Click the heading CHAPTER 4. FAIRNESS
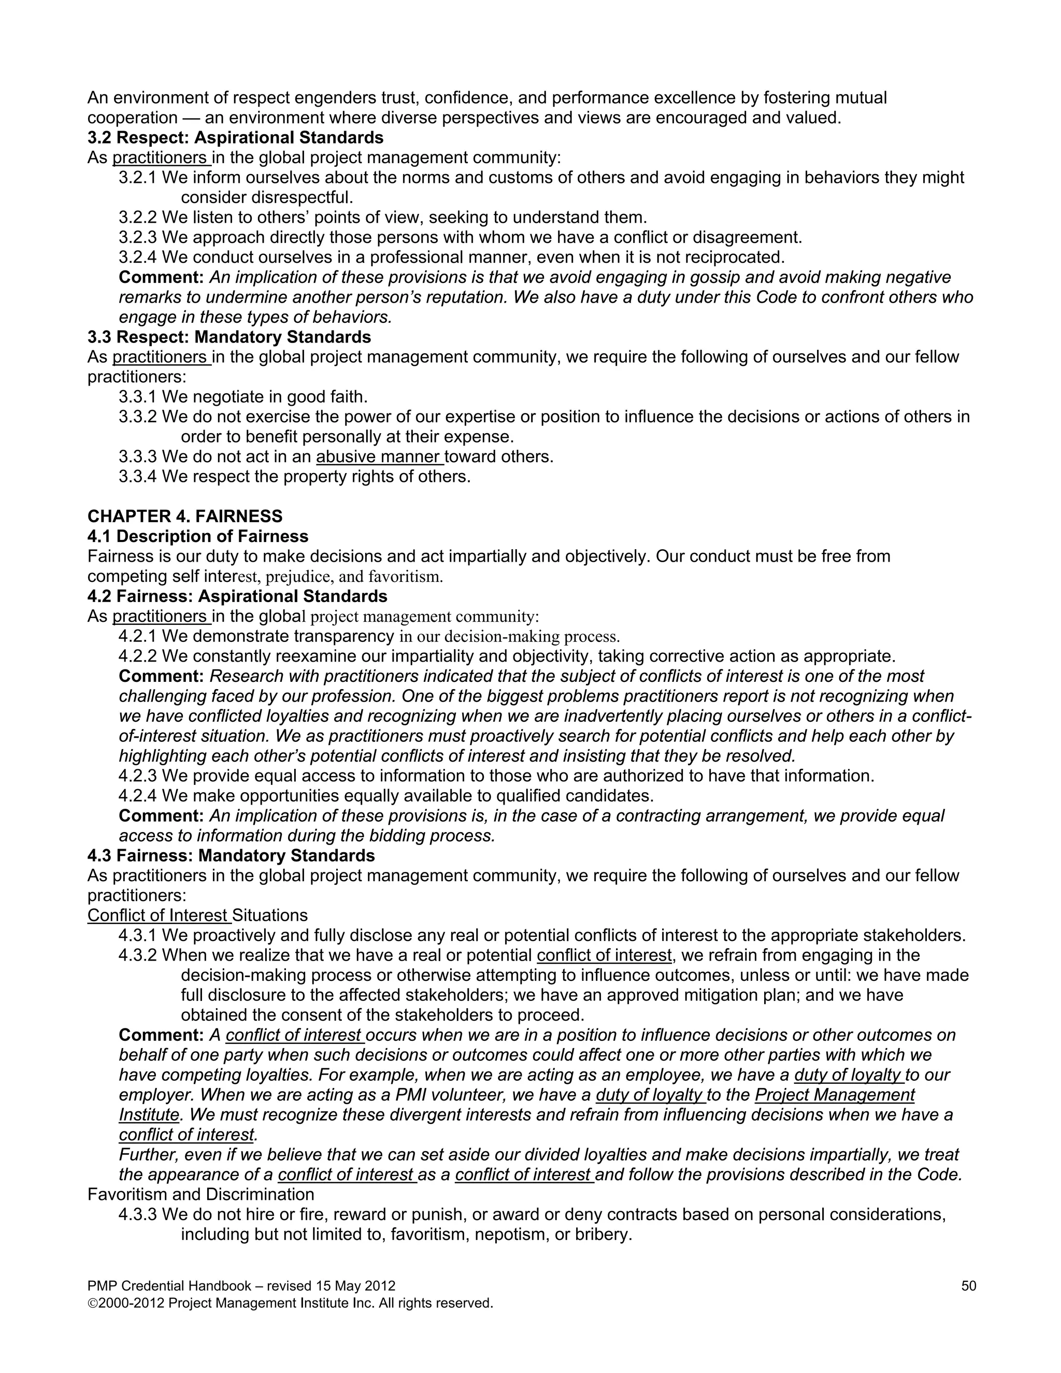point(185,516)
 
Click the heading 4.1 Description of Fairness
point(198,536)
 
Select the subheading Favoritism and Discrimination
point(200,1194)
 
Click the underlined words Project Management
point(834,1095)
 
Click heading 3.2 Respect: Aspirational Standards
point(235,138)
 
